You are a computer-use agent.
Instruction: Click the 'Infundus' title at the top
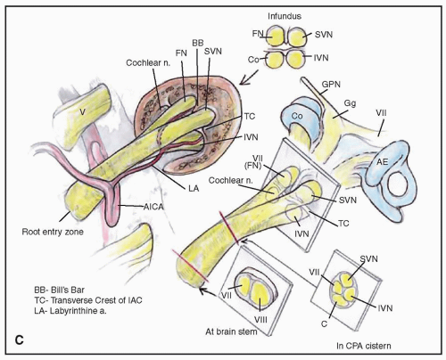(x=285, y=16)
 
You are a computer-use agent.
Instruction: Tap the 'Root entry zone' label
(x=53, y=232)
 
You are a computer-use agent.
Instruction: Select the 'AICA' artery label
(x=153, y=207)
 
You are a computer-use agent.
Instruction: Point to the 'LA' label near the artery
(x=194, y=188)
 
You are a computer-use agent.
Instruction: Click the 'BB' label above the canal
(x=198, y=43)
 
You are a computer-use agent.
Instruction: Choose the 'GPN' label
(x=331, y=85)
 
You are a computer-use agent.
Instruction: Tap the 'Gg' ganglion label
(x=350, y=103)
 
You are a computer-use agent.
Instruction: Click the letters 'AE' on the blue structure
(x=383, y=162)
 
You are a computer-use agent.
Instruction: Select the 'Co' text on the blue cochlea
(x=297, y=116)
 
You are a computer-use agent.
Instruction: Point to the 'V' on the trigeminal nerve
(x=83, y=111)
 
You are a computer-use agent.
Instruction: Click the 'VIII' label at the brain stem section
(x=260, y=320)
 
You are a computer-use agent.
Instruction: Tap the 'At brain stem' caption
(x=231, y=331)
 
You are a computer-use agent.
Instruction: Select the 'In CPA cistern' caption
(x=364, y=346)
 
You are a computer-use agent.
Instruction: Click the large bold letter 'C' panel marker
(x=20, y=340)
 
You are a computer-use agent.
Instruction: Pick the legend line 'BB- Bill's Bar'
(x=60, y=290)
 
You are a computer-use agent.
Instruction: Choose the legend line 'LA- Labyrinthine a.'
(x=70, y=311)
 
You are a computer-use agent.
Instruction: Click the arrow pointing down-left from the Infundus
(x=249, y=78)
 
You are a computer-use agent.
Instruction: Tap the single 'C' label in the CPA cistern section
(x=324, y=323)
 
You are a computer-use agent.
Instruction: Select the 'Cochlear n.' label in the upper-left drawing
(x=148, y=63)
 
